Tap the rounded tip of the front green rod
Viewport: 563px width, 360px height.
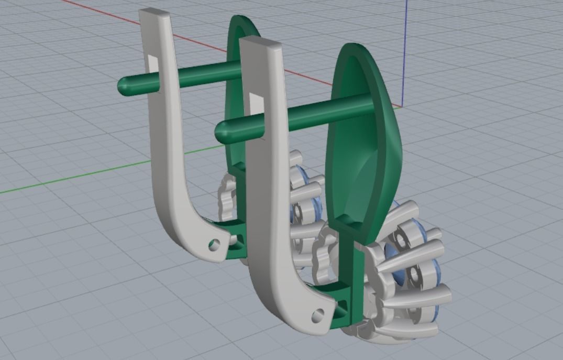[x=223, y=129]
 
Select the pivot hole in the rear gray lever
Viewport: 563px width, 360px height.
[x=213, y=244]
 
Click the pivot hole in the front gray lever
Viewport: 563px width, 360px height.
[x=316, y=316]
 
